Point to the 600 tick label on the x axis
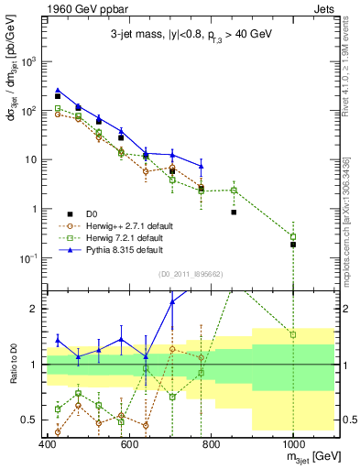[x=129, y=444]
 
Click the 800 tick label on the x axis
[x=211, y=444]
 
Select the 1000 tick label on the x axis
[x=292, y=444]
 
